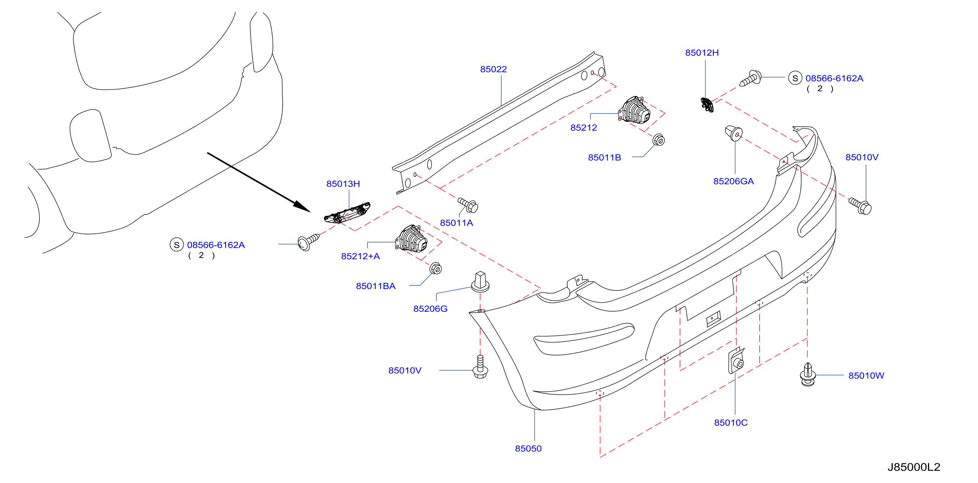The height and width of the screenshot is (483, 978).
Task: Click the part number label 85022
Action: click(493, 69)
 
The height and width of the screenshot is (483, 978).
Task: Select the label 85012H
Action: click(702, 53)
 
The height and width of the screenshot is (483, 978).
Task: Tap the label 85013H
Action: click(343, 184)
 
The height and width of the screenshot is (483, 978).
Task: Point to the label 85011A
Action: click(456, 223)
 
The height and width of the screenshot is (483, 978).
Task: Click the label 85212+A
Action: click(360, 256)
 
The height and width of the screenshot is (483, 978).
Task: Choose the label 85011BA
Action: click(376, 286)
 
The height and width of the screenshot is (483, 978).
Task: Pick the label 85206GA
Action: click(733, 181)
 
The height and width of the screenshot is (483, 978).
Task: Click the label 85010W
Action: click(866, 376)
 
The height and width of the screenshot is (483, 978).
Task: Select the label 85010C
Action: click(731, 423)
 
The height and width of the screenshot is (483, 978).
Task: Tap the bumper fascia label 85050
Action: click(528, 448)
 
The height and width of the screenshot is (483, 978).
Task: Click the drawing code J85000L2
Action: click(914, 467)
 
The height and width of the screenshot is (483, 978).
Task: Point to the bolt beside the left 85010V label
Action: click(480, 366)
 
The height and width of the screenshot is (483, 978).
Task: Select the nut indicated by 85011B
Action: click(659, 140)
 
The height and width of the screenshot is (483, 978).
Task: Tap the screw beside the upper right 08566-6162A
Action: click(751, 78)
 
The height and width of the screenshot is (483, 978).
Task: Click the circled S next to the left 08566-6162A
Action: click(177, 245)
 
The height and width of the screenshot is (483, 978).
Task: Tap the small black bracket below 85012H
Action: click(707, 105)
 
